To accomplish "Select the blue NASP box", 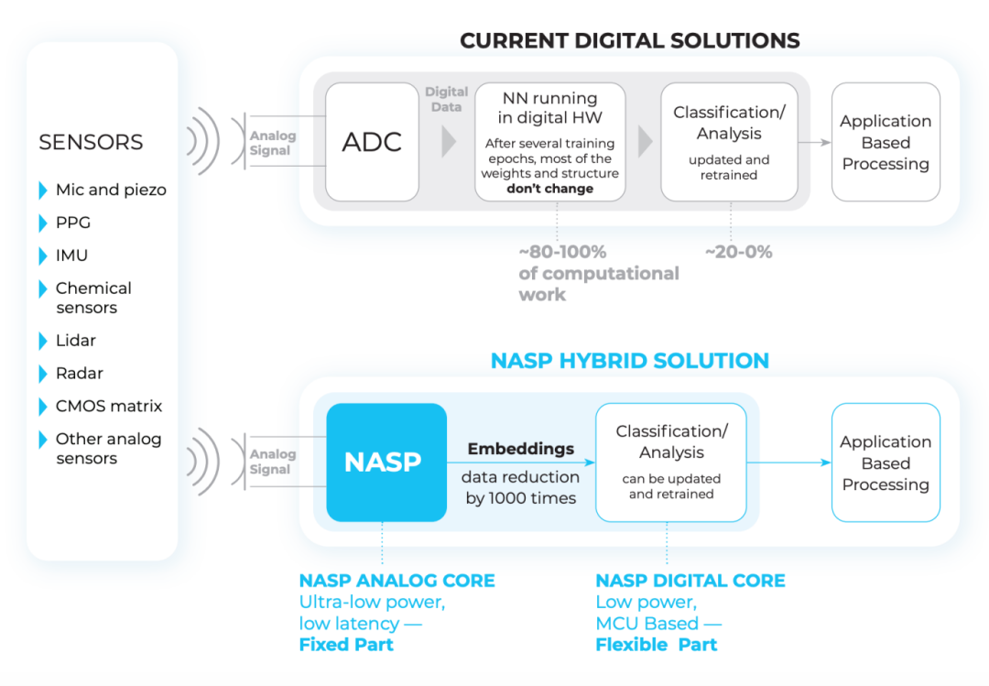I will click(386, 463).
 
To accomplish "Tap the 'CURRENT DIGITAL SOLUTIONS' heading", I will click(629, 40).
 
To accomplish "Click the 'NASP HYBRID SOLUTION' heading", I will click(629, 360).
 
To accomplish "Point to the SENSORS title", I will click(91, 142).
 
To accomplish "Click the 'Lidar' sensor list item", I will click(76, 341).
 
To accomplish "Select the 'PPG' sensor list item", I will click(73, 223).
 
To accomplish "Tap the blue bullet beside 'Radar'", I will click(43, 374).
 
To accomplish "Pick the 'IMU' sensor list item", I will click(71, 256).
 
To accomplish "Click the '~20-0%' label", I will click(737, 252).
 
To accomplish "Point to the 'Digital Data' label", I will click(447, 99).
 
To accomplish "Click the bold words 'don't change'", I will click(549, 189).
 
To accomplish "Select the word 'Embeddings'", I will click(521, 449).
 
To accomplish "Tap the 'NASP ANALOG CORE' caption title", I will click(397, 581).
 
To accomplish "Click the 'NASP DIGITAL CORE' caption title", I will click(690, 581).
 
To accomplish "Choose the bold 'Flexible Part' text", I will click(656, 645).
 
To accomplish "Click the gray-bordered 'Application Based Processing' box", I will click(885, 142).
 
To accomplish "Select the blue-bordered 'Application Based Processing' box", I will click(885, 463).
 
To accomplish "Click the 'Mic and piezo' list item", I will click(111, 191).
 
